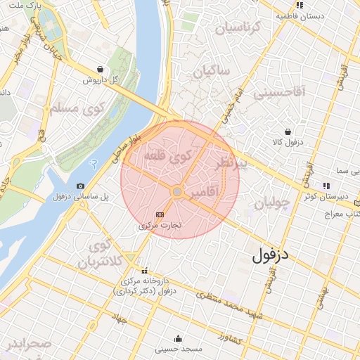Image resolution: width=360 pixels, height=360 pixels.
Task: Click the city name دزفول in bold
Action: [271, 255]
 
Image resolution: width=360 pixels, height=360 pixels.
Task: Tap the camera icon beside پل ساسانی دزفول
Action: [81, 186]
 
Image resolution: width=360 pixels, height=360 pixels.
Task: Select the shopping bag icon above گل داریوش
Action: [101, 70]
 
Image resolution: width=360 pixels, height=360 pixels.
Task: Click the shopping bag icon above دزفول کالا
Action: [288, 131]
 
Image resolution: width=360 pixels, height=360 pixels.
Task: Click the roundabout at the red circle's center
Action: [178, 191]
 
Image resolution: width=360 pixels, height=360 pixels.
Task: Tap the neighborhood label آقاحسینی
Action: [279, 91]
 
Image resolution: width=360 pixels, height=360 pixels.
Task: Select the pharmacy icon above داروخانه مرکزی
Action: [145, 271]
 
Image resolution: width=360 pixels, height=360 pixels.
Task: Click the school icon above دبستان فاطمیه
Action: [300, 5]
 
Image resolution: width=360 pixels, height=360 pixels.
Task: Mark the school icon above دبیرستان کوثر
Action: [326, 186]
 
